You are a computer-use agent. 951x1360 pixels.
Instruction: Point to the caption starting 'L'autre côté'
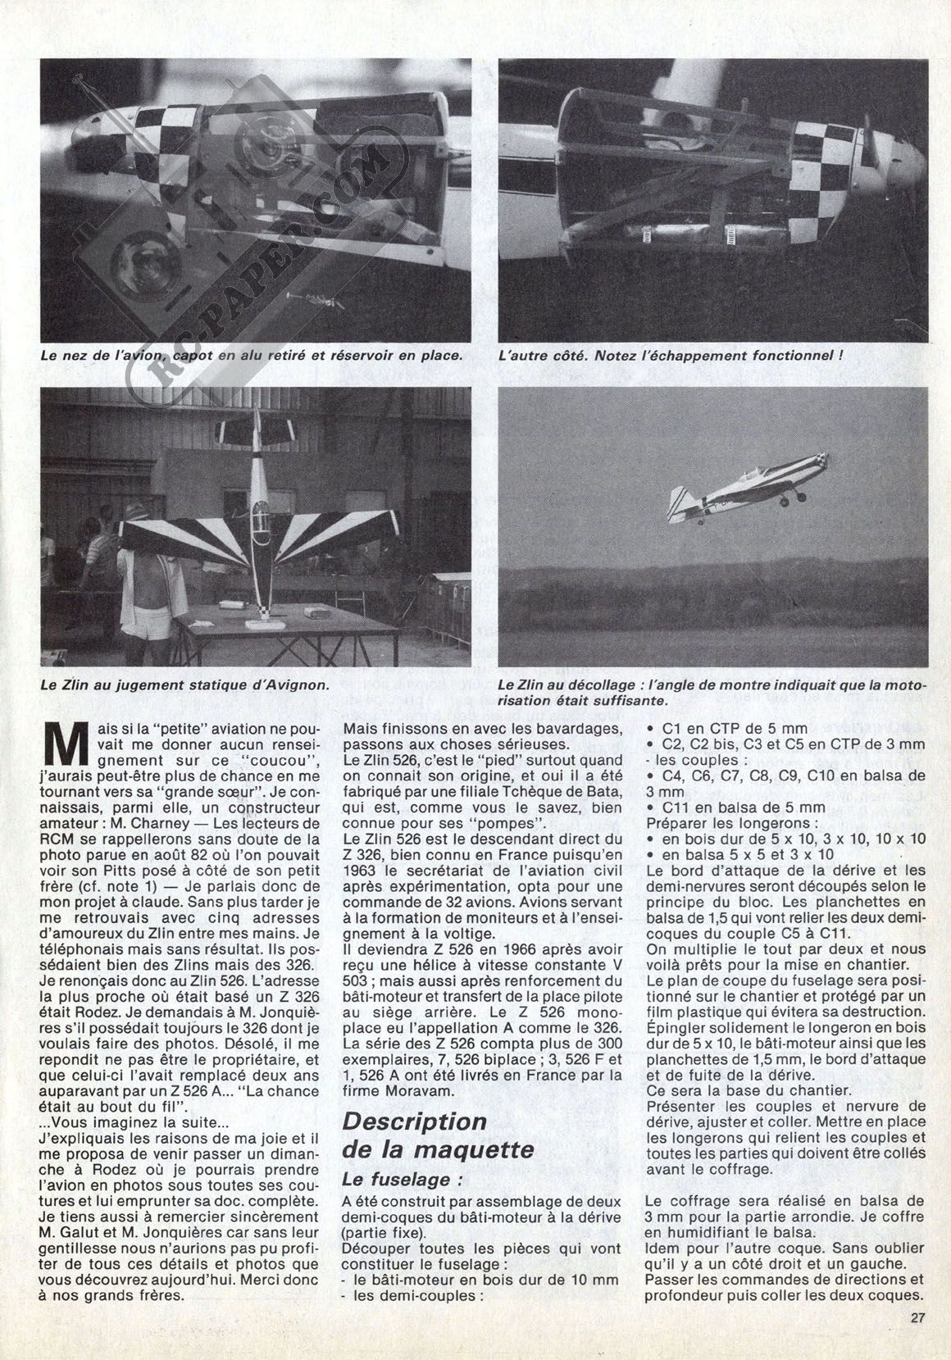pyautogui.click(x=670, y=357)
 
